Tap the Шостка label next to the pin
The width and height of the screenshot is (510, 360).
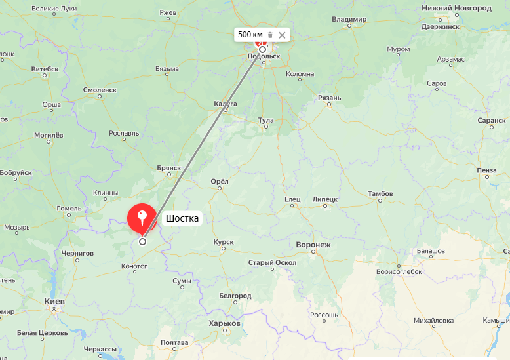click(x=182, y=218)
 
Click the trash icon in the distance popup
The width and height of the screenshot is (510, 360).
click(x=270, y=34)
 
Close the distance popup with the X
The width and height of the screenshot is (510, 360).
click(x=282, y=34)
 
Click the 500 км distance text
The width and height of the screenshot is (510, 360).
click(x=250, y=34)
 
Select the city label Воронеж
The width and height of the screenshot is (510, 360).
click(x=313, y=245)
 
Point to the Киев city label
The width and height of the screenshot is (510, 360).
click(x=54, y=301)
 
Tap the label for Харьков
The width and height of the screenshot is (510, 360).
click(x=225, y=323)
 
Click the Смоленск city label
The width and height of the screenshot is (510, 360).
click(x=100, y=90)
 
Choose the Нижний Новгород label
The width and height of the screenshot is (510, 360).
click(x=456, y=8)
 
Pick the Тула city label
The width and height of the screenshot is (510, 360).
click(x=265, y=121)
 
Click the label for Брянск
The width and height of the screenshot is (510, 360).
click(x=168, y=168)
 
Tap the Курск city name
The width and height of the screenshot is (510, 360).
click(x=223, y=242)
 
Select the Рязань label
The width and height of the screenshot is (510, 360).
click(x=329, y=98)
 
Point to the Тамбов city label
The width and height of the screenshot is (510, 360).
click(x=380, y=194)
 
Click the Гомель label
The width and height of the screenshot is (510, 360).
click(x=69, y=209)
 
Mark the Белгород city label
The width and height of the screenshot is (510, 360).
click(x=235, y=296)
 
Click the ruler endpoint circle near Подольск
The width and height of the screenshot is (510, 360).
click(x=262, y=49)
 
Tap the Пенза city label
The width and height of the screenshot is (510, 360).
click(x=486, y=170)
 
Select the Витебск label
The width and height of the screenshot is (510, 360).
click(x=45, y=69)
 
